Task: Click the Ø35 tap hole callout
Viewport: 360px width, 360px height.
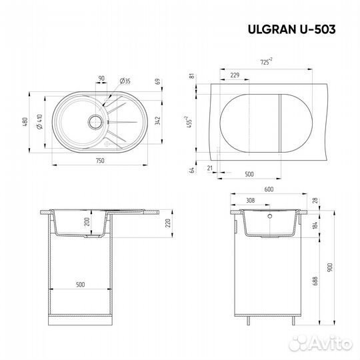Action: pos(125,81)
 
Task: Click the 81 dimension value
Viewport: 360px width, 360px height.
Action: pos(193,75)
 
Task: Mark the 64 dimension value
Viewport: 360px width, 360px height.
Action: pos(193,171)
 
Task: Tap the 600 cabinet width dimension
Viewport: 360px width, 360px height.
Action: pos(269,189)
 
